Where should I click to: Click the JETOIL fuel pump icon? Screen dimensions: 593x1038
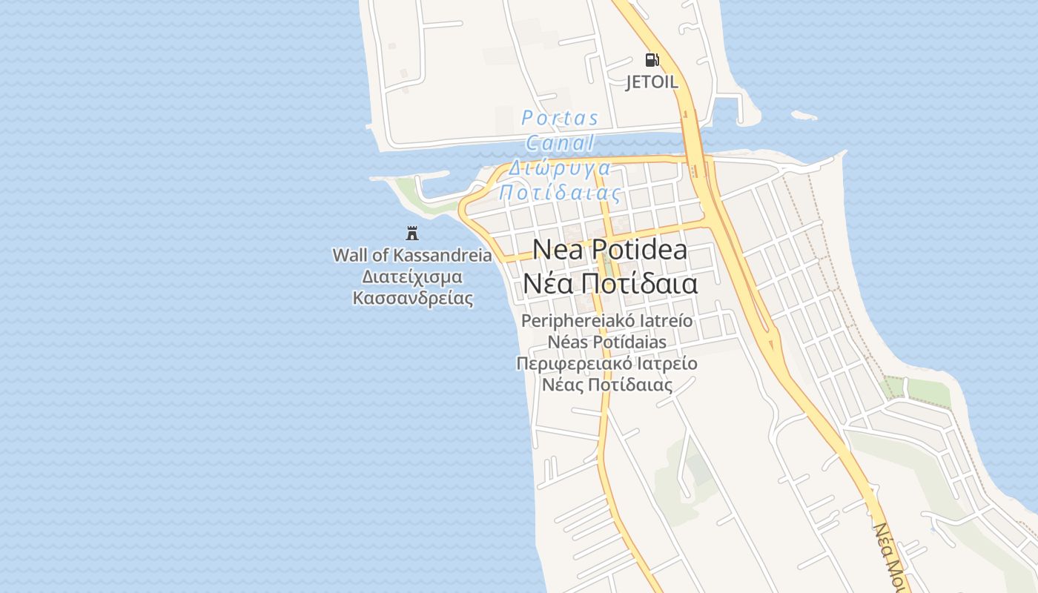pyautogui.click(x=652, y=60)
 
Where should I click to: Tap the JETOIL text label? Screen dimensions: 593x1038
pyautogui.click(x=652, y=82)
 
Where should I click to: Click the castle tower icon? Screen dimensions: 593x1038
pyautogui.click(x=412, y=233)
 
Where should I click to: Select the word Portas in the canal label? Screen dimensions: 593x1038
pyautogui.click(x=560, y=118)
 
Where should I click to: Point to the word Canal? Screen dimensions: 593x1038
pyautogui.click(x=560, y=143)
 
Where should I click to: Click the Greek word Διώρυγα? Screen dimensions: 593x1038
pyautogui.click(x=559, y=168)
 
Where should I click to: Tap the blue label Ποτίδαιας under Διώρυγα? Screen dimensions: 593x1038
pyautogui.click(x=559, y=193)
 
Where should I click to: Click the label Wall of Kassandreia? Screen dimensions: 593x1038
pyautogui.click(x=411, y=255)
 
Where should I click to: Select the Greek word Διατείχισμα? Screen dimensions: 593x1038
pyautogui.click(x=411, y=276)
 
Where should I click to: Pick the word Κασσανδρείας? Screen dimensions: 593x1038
pyautogui.click(x=412, y=298)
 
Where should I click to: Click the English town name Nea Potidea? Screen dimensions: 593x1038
pyautogui.click(x=609, y=250)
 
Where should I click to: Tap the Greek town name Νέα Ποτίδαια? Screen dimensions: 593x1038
pyautogui.click(x=609, y=283)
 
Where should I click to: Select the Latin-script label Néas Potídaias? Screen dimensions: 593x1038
pyautogui.click(x=606, y=342)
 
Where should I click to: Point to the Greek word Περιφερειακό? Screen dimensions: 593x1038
pyautogui.click(x=572, y=363)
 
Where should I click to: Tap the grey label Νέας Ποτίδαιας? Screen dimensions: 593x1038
pyautogui.click(x=606, y=385)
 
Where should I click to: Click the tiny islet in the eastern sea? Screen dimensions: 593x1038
pyautogui.click(x=804, y=116)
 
